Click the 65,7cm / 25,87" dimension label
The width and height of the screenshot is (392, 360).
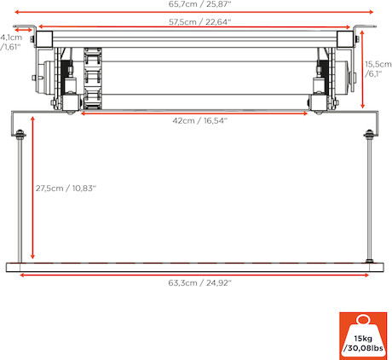(x=199, y=4)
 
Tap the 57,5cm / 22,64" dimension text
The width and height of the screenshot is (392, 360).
(x=200, y=22)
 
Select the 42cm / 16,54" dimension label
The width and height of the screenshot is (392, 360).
(x=200, y=120)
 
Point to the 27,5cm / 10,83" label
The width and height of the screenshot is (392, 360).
(x=66, y=189)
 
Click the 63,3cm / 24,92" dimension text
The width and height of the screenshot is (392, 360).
(x=200, y=283)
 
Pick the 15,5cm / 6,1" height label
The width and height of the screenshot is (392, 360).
(x=378, y=69)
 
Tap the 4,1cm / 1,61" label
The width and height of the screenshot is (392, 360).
(x=11, y=42)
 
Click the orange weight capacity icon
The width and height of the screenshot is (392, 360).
(x=363, y=336)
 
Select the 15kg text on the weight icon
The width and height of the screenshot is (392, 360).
(x=363, y=339)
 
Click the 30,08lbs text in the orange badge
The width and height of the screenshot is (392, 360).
(x=363, y=348)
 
